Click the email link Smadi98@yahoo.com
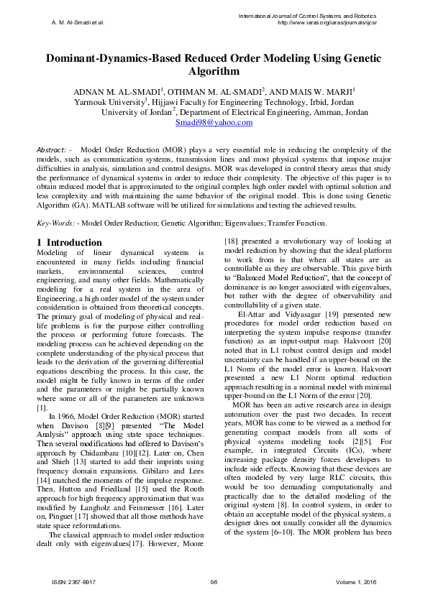pos(214,123)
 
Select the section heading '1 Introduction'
pos(69,243)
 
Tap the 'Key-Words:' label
pos(54,224)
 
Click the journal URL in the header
pos(328,22)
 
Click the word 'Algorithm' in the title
pos(214,72)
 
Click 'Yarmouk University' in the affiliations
pos(114,102)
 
